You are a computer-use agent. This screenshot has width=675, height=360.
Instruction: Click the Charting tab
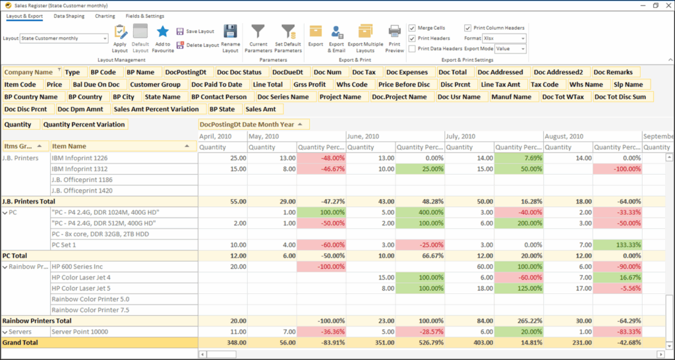pos(105,16)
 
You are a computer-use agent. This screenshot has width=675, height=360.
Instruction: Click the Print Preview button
pos(394,38)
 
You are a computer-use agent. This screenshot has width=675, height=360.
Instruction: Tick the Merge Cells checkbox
pos(412,28)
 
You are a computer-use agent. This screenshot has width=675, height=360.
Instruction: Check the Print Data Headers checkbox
pos(412,48)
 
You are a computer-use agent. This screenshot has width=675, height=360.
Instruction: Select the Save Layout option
pos(195,31)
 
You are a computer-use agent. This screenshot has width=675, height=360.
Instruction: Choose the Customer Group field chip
pos(155,84)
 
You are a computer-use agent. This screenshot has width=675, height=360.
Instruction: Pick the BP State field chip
pos(221,109)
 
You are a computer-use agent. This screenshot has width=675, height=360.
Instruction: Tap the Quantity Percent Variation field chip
pos(83,124)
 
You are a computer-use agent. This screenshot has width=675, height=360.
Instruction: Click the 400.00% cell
pos(420,212)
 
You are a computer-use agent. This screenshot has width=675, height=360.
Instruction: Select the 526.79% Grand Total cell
pos(420,343)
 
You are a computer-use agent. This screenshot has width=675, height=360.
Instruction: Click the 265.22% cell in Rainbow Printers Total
pos(519,320)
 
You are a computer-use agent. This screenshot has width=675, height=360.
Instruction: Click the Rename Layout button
pos(230,38)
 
